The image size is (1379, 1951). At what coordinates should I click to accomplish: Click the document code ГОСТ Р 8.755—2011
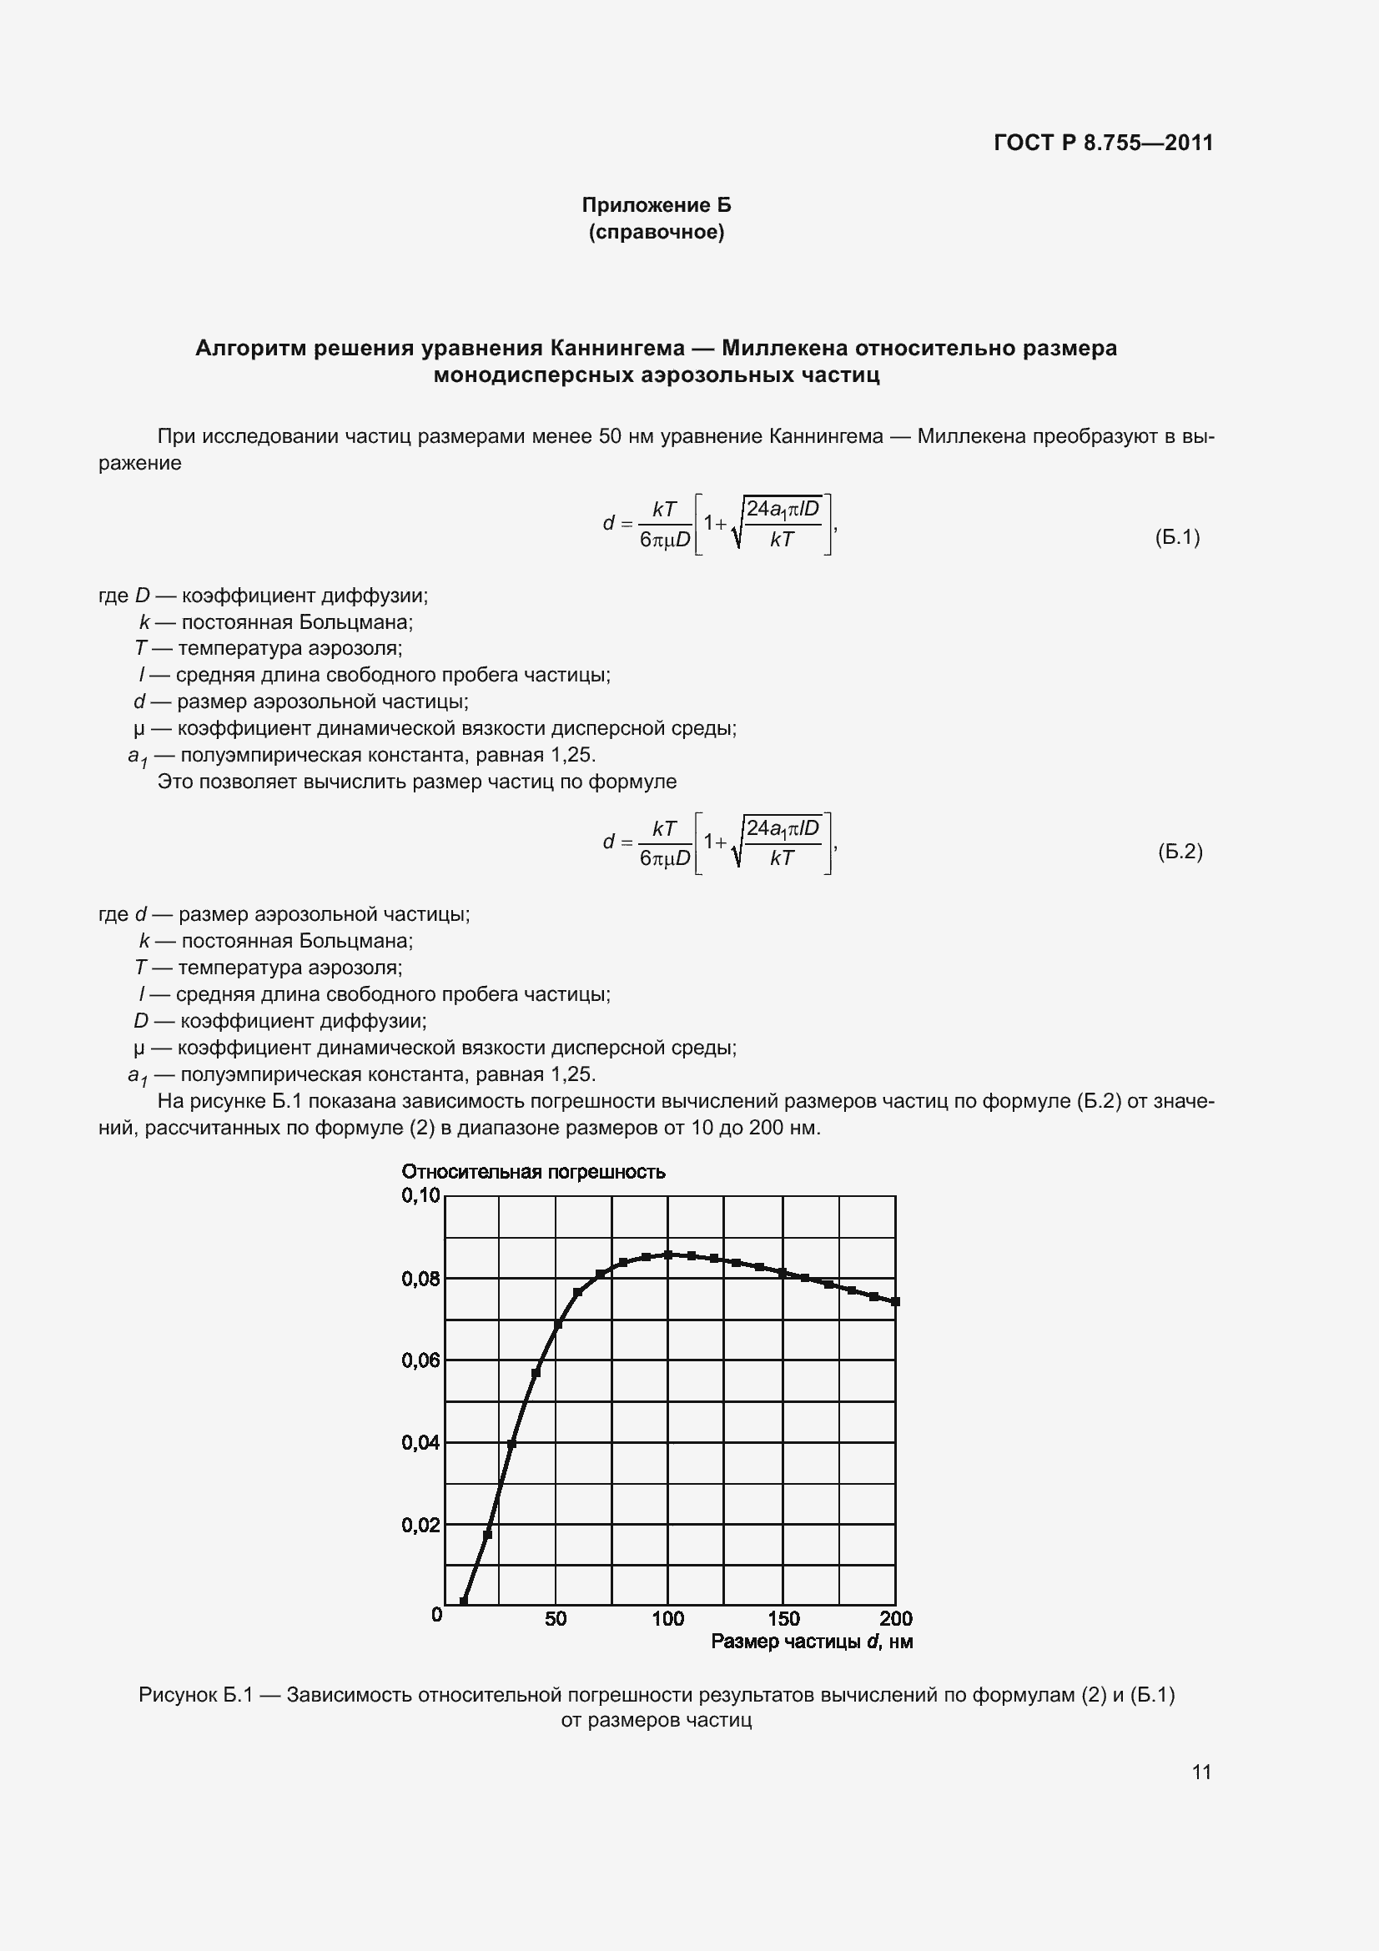pos(1103,143)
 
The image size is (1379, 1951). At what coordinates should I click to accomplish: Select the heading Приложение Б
pos(656,205)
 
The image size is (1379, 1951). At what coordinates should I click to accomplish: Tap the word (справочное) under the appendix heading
pos(656,232)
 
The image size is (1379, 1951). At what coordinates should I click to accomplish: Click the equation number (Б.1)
pos(1177,537)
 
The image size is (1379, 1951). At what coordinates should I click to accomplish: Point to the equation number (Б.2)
pos(1180,852)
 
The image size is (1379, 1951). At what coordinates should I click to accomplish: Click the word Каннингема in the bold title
pos(617,348)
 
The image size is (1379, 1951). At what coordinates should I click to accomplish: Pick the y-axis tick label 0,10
pos(420,1195)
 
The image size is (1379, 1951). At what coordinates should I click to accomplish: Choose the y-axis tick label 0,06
pos(420,1360)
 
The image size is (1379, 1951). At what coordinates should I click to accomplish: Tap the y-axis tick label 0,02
pos(420,1525)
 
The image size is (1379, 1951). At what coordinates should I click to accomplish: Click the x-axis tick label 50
pos(556,1618)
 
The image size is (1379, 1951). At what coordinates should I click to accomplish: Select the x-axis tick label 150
pos(783,1618)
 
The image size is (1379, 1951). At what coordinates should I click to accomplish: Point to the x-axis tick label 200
pos(895,1618)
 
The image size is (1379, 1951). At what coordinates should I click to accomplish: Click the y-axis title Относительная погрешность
pos(533,1172)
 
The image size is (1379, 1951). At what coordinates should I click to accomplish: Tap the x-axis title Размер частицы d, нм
pos(812,1642)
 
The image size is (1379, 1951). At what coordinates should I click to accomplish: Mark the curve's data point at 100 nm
pos(668,1255)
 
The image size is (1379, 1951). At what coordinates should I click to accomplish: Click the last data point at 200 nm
pos(895,1301)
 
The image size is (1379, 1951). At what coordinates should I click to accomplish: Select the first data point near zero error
pos(463,1602)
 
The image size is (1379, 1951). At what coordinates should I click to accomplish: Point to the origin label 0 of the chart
pos(437,1615)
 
